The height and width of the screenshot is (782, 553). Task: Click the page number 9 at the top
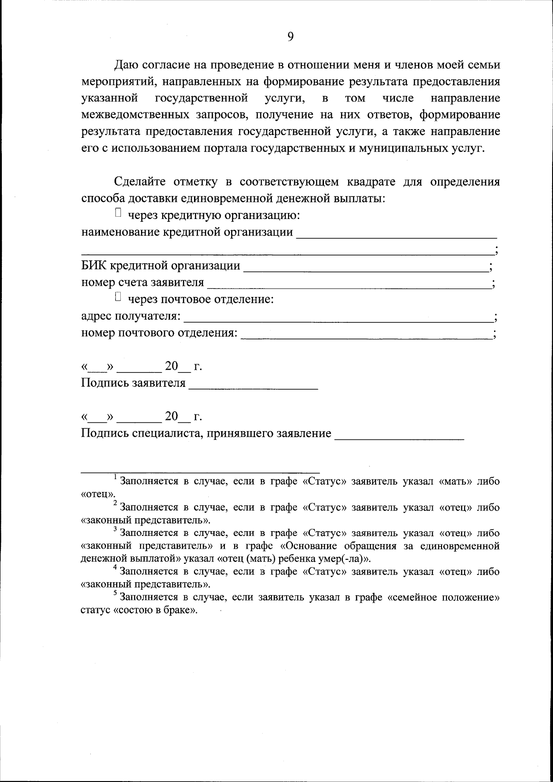pos(290,37)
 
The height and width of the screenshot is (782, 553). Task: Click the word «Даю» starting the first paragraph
pos(125,65)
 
